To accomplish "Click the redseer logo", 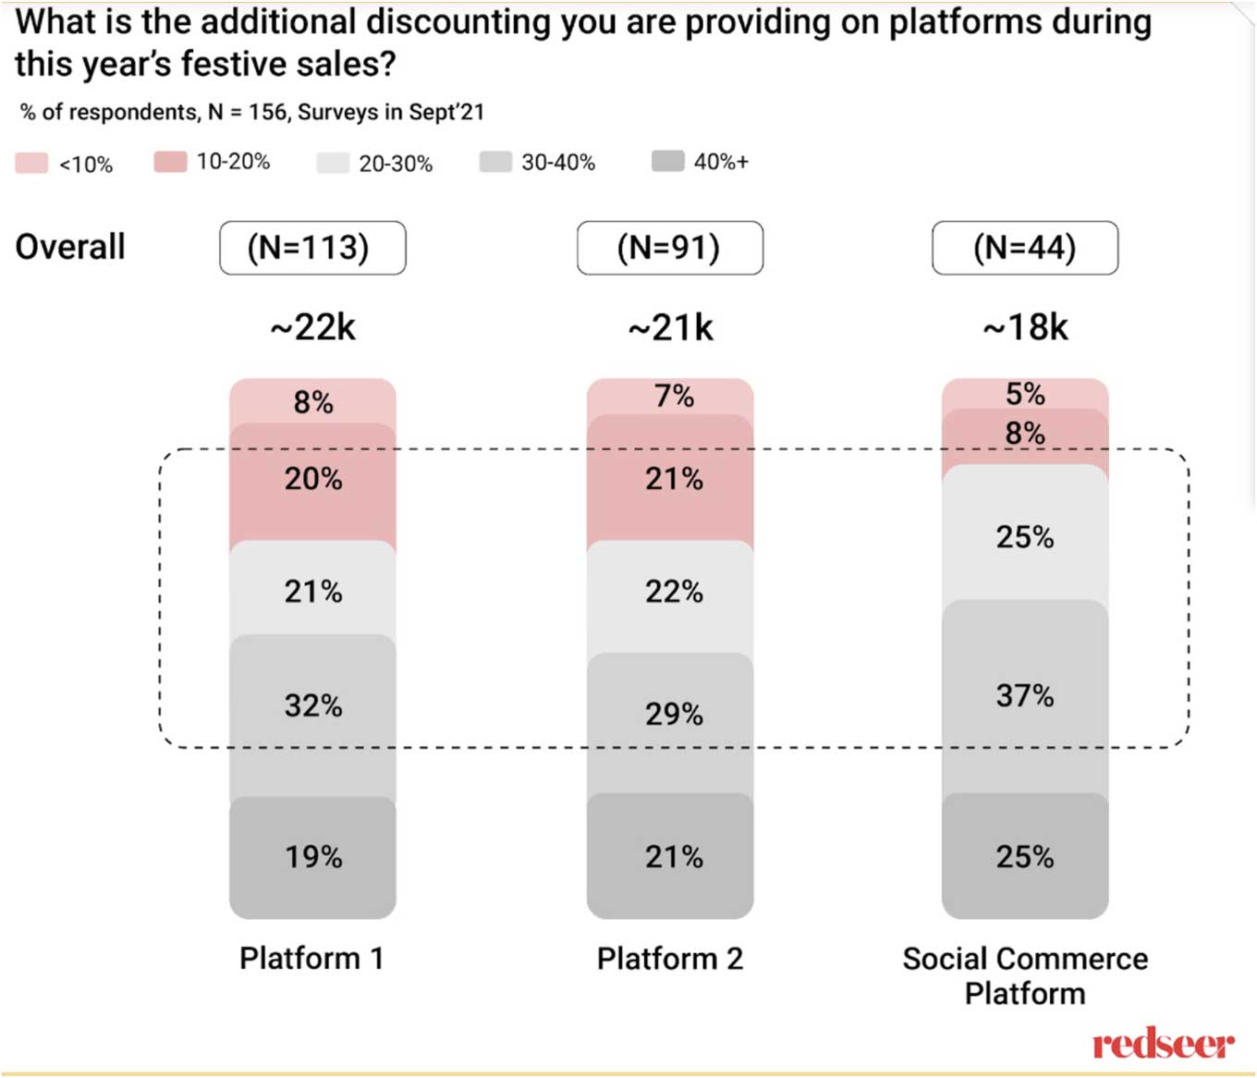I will [x=1163, y=1045].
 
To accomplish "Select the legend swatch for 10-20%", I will [x=171, y=162].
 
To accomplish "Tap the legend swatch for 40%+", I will [x=667, y=162].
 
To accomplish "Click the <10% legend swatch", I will [x=31, y=164].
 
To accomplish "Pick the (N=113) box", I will [x=312, y=248].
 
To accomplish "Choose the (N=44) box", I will [x=1025, y=248].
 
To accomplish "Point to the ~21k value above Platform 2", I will [x=670, y=327].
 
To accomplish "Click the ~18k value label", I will [x=1025, y=327].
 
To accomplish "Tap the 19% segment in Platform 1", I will [x=312, y=857].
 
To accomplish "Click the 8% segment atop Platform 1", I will [x=312, y=401].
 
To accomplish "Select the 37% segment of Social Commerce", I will [x=1025, y=695].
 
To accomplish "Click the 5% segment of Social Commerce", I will [x=1025, y=393].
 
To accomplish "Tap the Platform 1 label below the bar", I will [x=311, y=959].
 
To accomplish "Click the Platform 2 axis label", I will [x=670, y=959].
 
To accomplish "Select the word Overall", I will [x=70, y=248].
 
